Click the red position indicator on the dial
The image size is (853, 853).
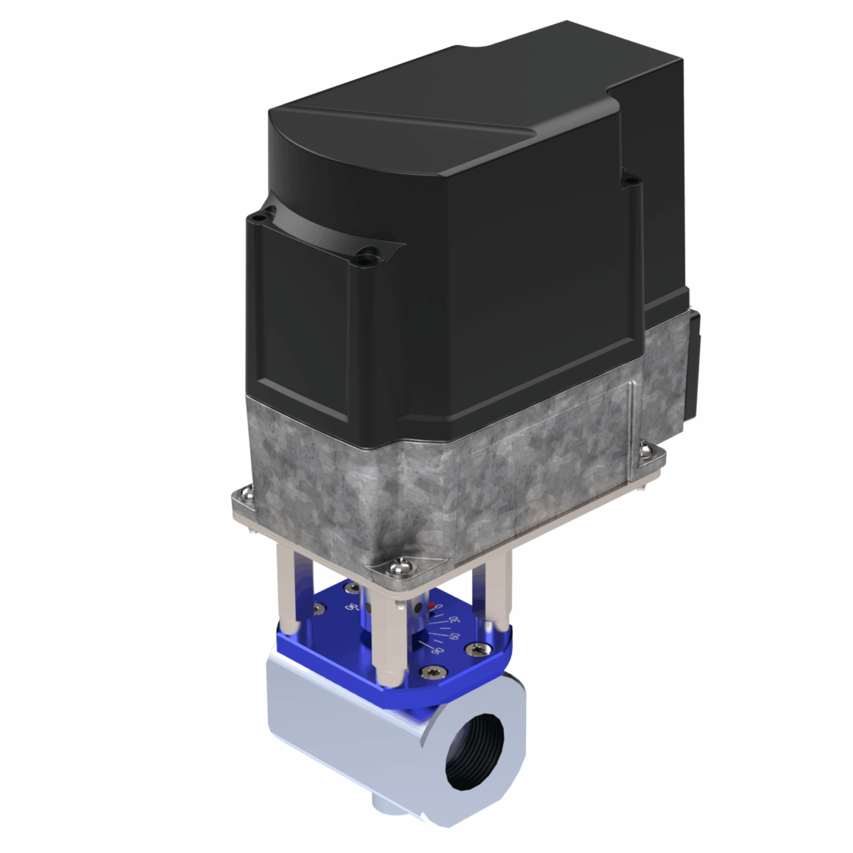pos(430,606)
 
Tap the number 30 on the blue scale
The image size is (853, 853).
pos(447,621)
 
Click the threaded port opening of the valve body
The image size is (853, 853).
pos(475,752)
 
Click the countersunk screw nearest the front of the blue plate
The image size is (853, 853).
pos(432,672)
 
